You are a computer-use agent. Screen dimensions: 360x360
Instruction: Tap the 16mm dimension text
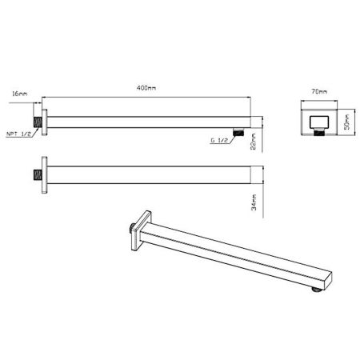click(20, 94)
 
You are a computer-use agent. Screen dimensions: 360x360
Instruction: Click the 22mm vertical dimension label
click(252, 141)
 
